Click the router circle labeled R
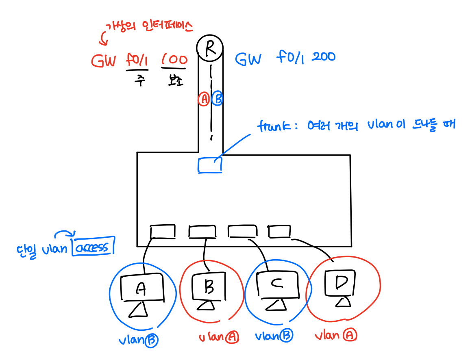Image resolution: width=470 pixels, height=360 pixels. [x=210, y=48]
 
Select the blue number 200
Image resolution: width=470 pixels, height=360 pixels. [x=324, y=56]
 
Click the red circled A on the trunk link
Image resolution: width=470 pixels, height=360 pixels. [x=203, y=99]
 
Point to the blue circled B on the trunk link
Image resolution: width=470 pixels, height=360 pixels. [x=218, y=99]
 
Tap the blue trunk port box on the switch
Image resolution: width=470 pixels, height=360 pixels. [x=210, y=165]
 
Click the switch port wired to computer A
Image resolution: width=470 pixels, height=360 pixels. [x=163, y=231]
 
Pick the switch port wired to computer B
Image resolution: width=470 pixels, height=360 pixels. [x=202, y=232]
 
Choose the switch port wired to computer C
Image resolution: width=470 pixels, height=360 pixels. [x=242, y=231]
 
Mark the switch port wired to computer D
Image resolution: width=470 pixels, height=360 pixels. [x=280, y=231]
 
